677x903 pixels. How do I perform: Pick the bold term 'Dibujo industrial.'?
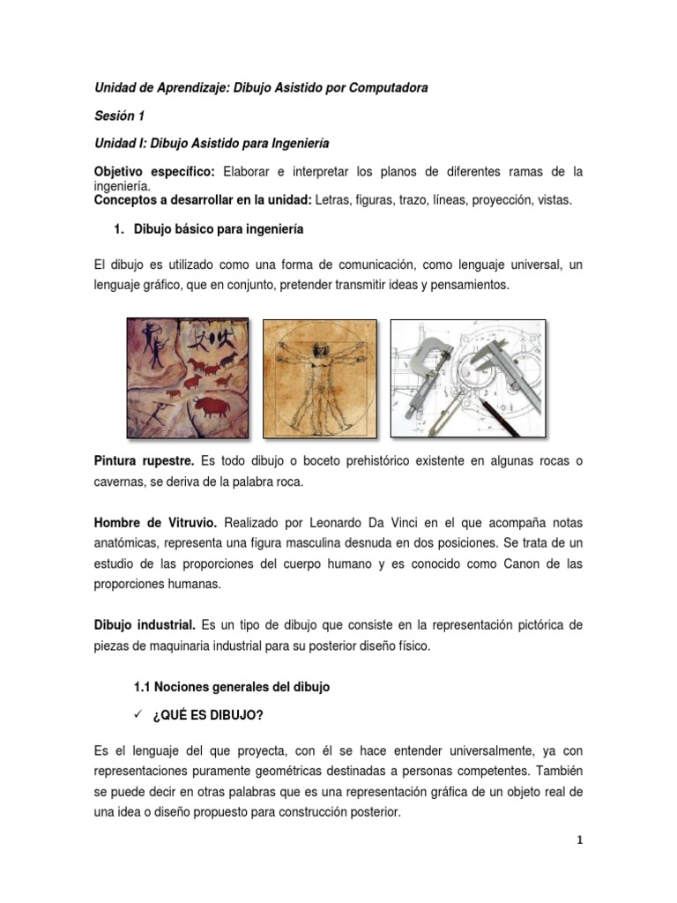pyautogui.click(x=144, y=625)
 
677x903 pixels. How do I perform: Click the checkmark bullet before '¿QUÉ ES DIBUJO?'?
pyautogui.click(x=138, y=711)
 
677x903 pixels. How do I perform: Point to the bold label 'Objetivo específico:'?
pyautogui.click(x=154, y=170)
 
